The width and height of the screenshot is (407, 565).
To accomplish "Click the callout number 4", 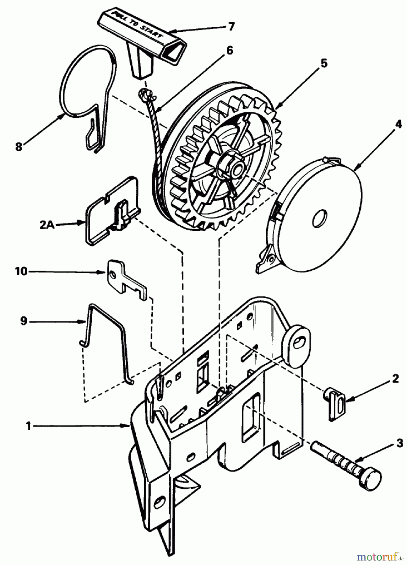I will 398,124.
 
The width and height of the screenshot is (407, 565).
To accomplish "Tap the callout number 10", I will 21,271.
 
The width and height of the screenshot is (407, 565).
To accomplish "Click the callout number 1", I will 29,426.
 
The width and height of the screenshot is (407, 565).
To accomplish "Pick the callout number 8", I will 19,147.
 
